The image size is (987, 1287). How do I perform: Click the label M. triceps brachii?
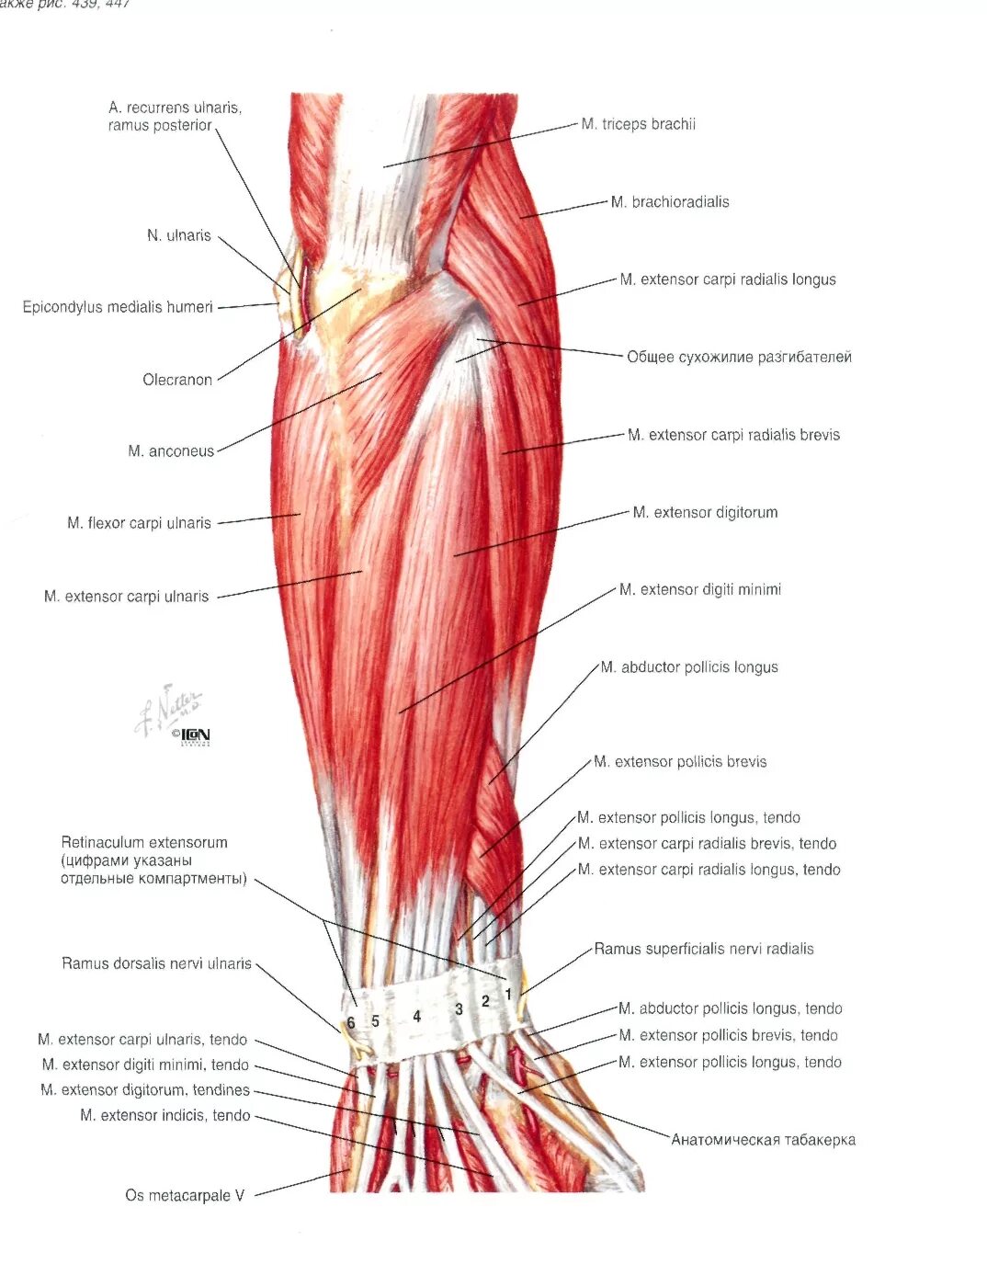coord(638,124)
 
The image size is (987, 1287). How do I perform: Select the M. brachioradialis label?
coord(670,202)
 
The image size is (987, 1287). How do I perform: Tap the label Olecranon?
coord(177,380)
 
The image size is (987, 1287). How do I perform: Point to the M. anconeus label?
coord(171,451)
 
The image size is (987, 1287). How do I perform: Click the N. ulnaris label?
coord(179,235)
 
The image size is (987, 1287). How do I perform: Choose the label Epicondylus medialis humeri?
coord(118,307)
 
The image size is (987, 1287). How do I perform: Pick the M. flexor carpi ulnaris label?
coord(139,523)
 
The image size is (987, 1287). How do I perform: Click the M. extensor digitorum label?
coord(705,512)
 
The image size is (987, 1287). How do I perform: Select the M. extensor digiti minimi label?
coord(699,589)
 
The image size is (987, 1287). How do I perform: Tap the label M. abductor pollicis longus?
coord(689,667)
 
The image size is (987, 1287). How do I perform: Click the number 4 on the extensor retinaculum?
coord(417,1016)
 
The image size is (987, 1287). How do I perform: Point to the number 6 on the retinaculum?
coord(351,1023)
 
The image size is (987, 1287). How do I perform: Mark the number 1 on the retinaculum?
coord(508,994)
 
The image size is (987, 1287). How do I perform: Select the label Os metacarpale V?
coord(185,1195)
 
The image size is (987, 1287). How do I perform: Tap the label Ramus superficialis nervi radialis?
coord(704,949)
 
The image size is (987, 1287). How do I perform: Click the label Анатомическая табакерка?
coord(763,1140)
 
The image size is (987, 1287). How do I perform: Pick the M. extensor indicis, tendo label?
coord(165,1115)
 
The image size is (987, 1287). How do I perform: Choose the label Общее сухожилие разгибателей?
coord(739,357)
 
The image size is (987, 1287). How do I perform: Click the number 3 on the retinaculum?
coord(459,1009)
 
